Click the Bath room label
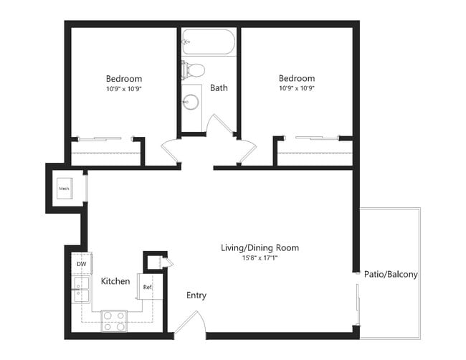219,88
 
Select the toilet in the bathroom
194,70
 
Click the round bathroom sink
191,101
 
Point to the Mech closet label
63,189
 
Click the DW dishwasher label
80,264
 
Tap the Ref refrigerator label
147,287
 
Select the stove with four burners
114,319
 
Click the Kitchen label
115,281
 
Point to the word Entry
196,295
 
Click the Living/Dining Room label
260,248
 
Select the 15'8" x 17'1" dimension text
260,258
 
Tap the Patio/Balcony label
391,274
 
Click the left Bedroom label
124,79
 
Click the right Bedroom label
297,78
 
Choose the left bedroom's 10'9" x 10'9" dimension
124,88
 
